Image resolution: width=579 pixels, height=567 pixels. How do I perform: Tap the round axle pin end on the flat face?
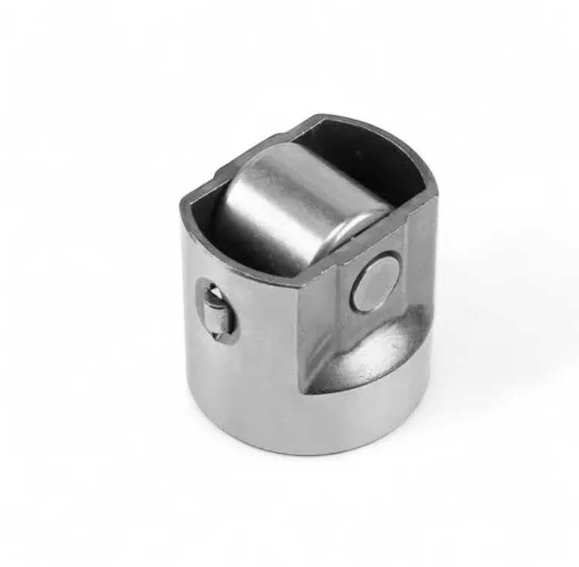(x=375, y=283)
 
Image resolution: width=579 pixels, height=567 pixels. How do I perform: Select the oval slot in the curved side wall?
(x=216, y=308)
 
